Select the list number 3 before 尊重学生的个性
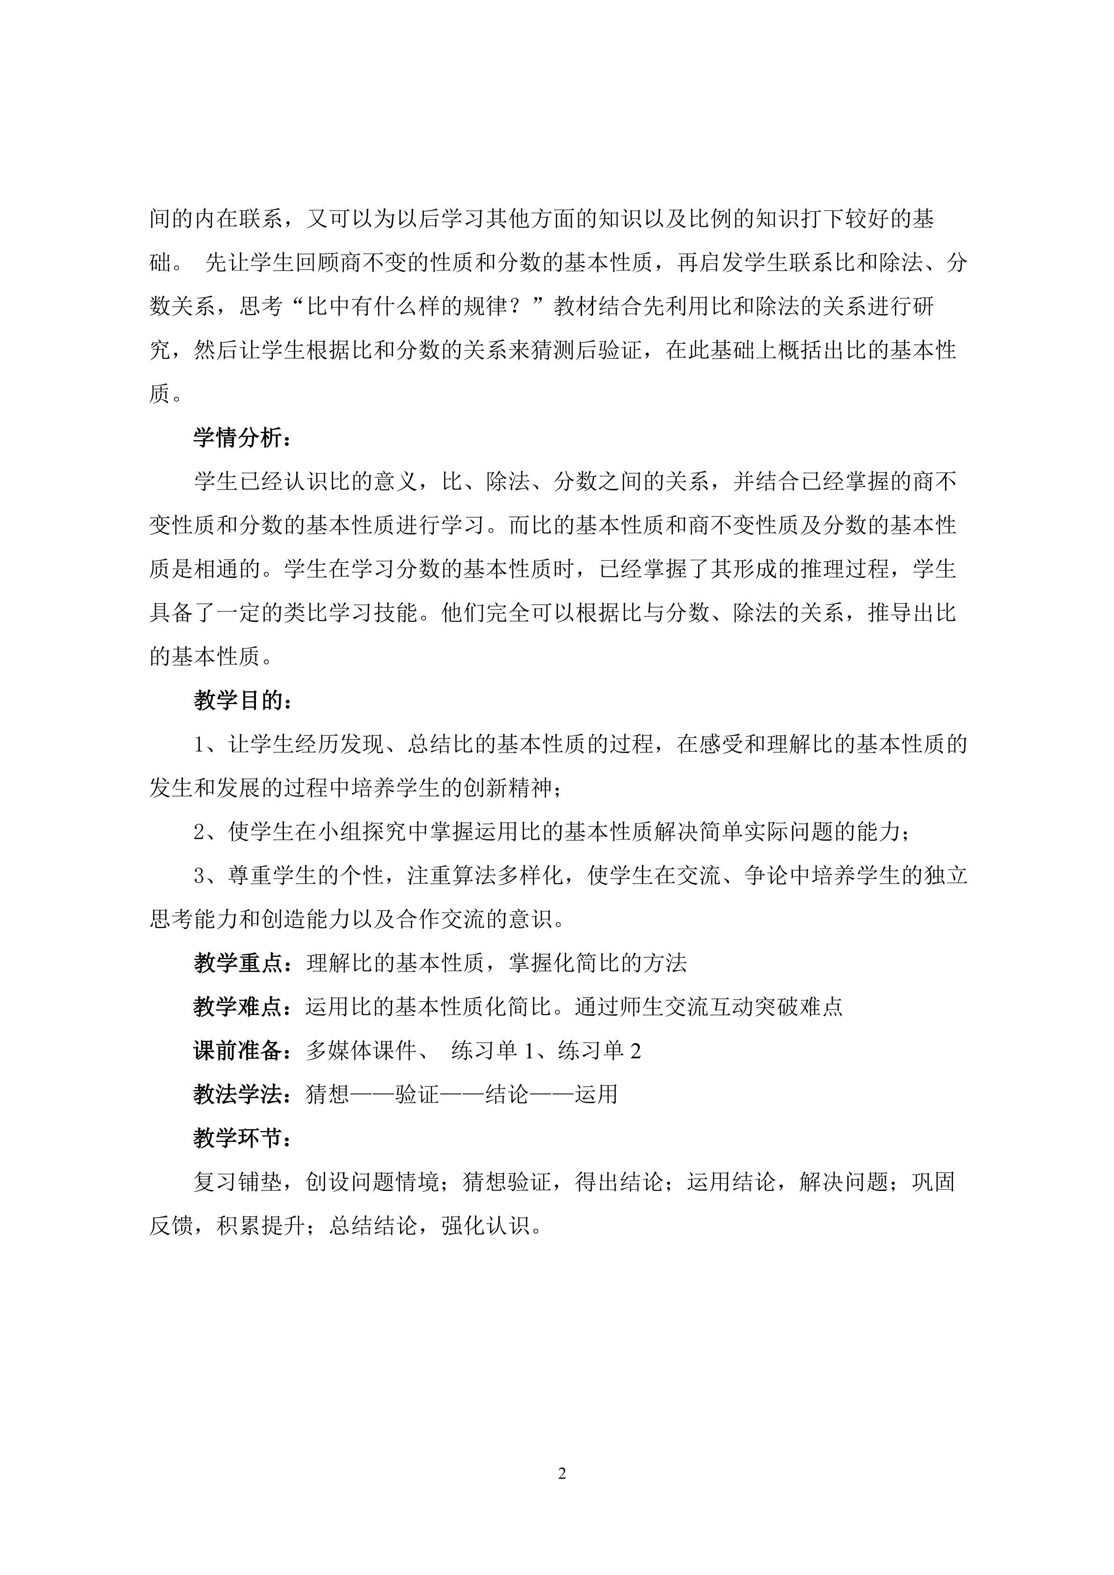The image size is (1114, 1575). [x=200, y=876]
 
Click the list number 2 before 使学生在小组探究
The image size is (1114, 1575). [x=200, y=832]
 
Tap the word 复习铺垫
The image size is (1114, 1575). [x=238, y=1183]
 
